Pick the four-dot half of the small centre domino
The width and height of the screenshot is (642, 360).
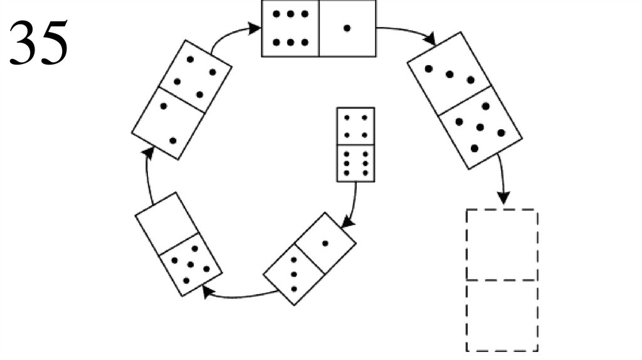(x=355, y=126)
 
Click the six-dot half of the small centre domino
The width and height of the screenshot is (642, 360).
(x=355, y=163)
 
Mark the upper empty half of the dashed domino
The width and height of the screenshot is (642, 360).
(x=502, y=245)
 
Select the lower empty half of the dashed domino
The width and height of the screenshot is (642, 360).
(x=502, y=315)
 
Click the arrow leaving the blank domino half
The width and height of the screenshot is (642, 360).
(x=148, y=176)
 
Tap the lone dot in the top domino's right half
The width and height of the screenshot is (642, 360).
(x=347, y=28)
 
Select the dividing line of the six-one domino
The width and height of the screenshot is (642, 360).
(x=319, y=29)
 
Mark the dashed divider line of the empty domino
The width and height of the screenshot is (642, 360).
(x=502, y=280)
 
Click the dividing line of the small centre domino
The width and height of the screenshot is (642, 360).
(x=355, y=145)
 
